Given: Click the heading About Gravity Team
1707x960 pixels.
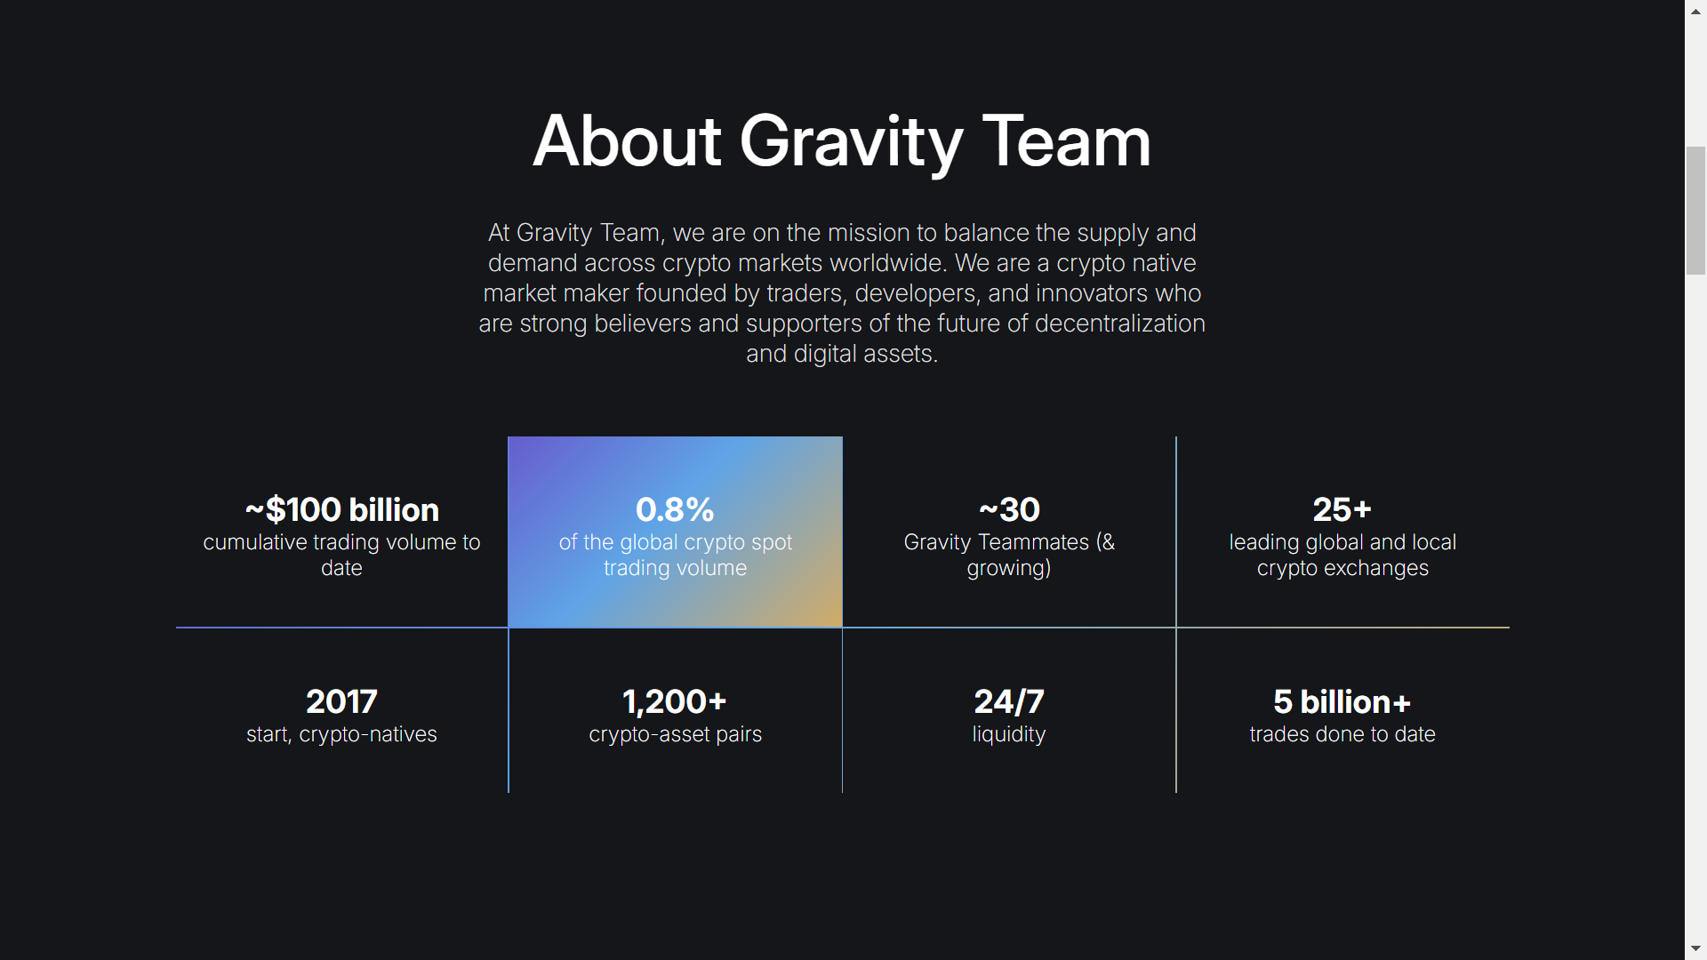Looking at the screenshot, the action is [842, 141].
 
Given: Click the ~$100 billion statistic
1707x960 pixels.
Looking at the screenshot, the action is [342, 509].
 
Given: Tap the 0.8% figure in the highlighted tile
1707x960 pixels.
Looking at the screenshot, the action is [675, 509].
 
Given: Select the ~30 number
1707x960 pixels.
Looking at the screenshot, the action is [1009, 509].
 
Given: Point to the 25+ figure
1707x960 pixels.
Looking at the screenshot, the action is [1342, 509].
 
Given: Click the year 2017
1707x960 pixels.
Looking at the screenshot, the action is [341, 701].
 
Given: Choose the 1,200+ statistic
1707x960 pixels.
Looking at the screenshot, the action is [675, 701].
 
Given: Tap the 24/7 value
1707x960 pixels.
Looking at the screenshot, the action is [1009, 701].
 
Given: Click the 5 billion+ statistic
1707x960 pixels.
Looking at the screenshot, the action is [1342, 701].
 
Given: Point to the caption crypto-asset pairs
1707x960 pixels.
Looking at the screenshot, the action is [676, 734].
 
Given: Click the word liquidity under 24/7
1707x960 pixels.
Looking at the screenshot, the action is [1009, 734].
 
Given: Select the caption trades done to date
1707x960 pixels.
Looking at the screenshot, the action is [1342, 734].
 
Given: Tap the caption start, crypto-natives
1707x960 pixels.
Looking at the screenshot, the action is [341, 734].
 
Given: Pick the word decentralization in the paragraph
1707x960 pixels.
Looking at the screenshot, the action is [1120, 324].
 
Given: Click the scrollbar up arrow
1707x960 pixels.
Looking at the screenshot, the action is [1695, 12].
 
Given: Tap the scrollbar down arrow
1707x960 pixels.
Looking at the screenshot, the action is [1695, 948].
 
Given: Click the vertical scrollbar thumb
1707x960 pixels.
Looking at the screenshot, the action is [1695, 211].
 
